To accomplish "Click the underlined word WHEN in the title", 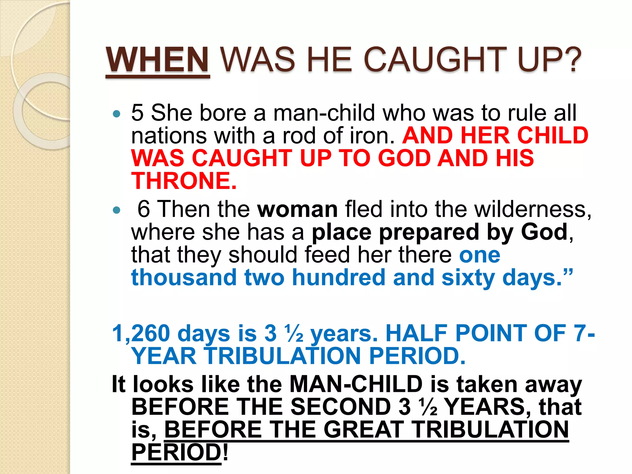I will [158, 60].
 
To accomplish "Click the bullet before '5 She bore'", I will [116, 114].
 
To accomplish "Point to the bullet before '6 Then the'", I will [116, 210].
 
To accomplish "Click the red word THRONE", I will [184, 181].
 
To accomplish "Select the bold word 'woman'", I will [297, 209].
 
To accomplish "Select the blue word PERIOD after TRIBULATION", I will [417, 356].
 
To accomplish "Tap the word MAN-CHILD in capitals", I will [356, 385].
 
